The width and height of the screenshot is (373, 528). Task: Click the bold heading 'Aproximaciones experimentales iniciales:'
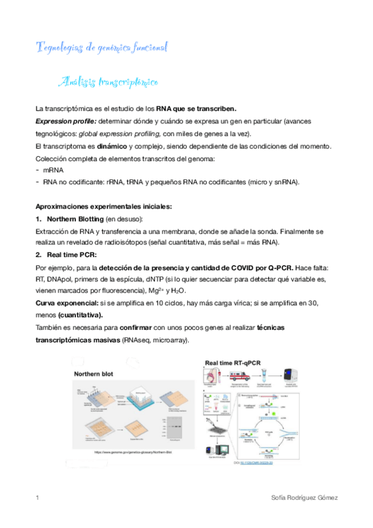click(104, 206)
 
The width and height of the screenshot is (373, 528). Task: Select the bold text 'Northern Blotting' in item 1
click(75, 219)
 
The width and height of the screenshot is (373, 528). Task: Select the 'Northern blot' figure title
click(97, 374)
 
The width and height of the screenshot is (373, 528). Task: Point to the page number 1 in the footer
click(37, 498)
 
